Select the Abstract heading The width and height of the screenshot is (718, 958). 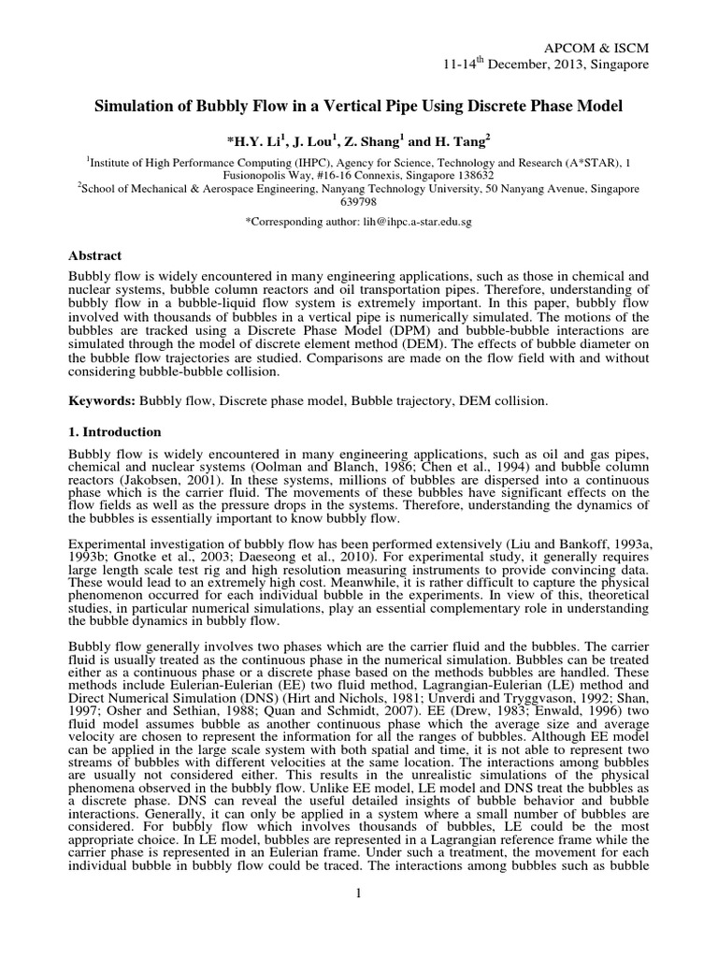[x=96, y=255]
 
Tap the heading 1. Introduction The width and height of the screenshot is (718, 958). [x=116, y=432]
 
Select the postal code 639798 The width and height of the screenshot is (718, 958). [x=359, y=201]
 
